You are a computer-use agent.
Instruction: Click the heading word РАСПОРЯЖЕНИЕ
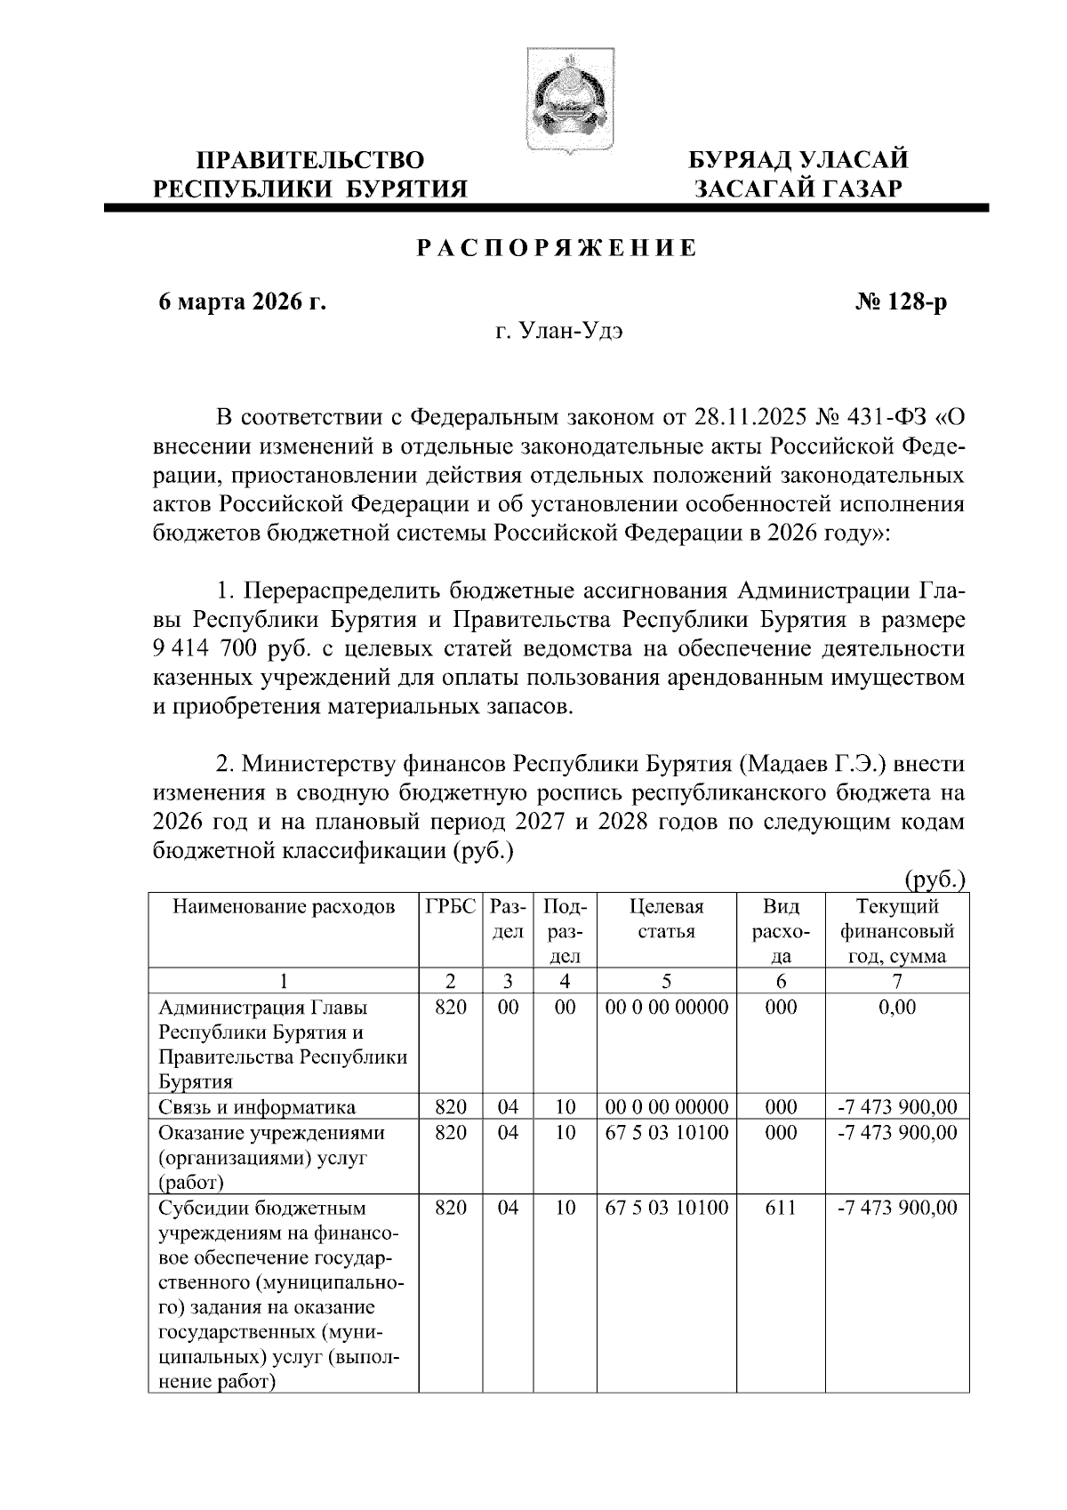coord(558,249)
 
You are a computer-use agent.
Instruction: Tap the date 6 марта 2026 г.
coord(242,303)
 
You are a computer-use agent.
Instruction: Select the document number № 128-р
coord(902,303)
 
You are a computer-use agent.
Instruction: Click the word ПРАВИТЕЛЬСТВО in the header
coord(310,161)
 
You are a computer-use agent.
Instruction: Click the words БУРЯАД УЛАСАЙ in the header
coord(799,161)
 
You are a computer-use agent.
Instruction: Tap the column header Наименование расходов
coord(283,907)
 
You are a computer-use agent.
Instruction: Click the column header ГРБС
coord(450,907)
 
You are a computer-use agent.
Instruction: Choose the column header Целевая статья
coord(666,920)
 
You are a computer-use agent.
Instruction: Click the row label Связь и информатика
coord(257,1107)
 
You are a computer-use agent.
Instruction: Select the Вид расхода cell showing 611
coord(781,1209)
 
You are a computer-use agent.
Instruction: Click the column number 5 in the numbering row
coord(666,982)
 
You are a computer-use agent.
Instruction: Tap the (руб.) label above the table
coord(935,880)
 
